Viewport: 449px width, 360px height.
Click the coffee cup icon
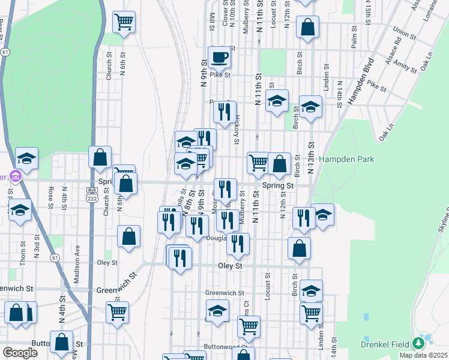pos(219,58)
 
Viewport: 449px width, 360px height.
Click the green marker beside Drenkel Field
pos(419,344)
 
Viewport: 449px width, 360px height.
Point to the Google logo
pos(19,353)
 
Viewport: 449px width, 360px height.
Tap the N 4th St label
pos(62,306)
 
